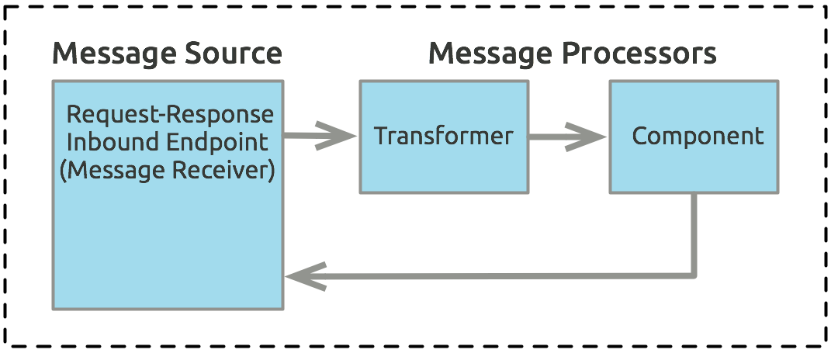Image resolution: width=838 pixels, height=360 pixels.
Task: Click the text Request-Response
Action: (170, 115)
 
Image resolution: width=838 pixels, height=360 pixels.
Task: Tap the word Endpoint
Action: (220, 142)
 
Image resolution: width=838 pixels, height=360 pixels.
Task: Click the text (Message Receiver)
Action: (168, 170)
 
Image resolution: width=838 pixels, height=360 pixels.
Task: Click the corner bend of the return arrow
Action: (693, 274)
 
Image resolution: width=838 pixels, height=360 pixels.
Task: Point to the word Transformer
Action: (444, 137)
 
